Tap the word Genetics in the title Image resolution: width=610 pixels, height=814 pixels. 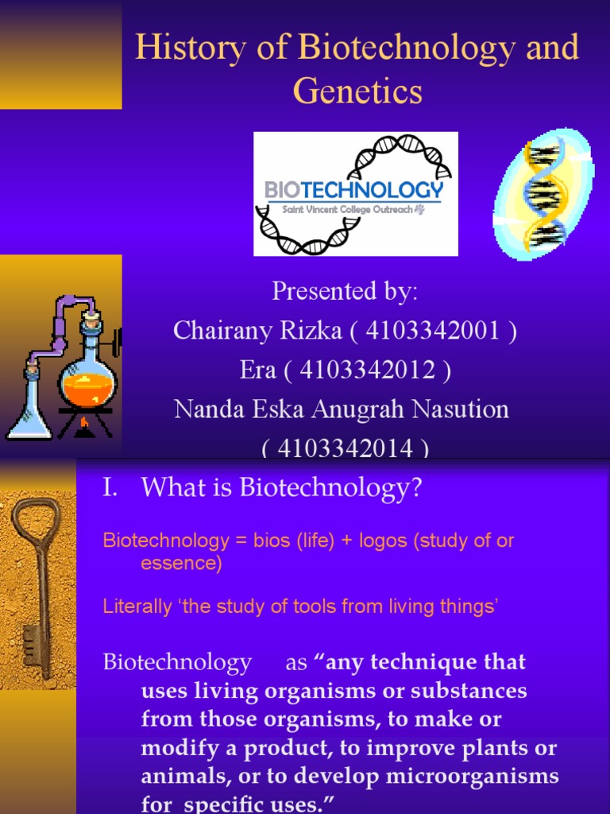point(357,91)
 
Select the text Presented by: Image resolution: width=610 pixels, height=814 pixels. point(345,292)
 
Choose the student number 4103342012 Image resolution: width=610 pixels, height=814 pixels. point(369,370)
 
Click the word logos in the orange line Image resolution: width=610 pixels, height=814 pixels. point(384,541)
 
